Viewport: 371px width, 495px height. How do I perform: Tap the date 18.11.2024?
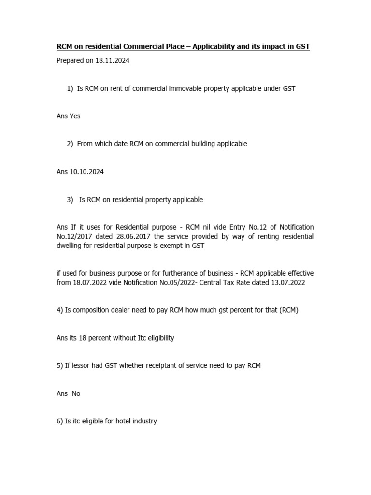[113, 61]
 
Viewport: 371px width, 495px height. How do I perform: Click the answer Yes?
[75, 116]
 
